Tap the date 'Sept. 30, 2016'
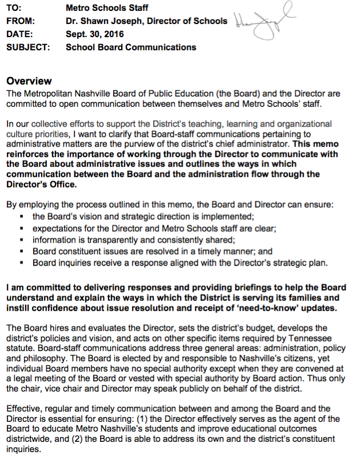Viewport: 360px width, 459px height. [94, 35]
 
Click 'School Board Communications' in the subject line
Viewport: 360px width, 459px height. [131, 47]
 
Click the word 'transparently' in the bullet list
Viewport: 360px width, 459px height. [113, 240]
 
